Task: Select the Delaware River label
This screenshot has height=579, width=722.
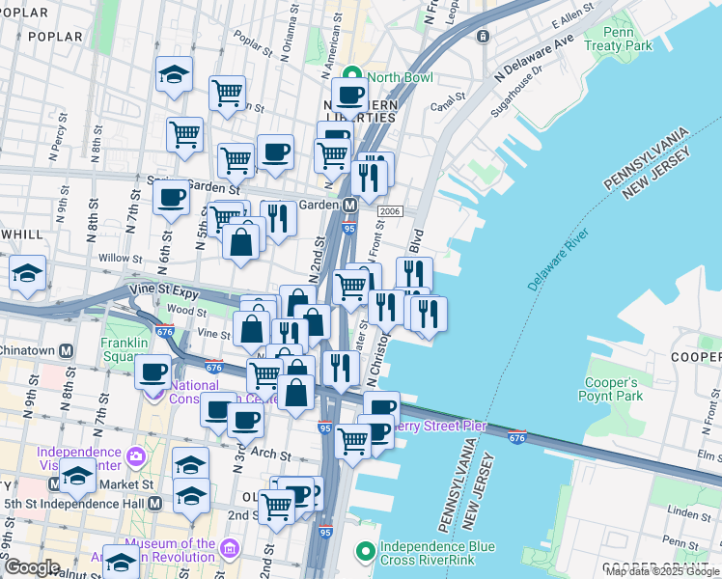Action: coord(557,262)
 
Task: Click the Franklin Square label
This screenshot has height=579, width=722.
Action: coord(125,349)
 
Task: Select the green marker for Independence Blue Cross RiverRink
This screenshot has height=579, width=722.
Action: coord(365,552)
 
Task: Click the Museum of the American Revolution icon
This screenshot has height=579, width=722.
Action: coord(230,549)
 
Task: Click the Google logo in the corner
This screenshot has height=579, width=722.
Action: coord(32,567)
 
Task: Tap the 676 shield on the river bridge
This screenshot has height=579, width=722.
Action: coord(517,436)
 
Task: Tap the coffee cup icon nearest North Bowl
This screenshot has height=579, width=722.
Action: coord(349,96)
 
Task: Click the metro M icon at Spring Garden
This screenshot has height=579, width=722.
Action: coord(349,205)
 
